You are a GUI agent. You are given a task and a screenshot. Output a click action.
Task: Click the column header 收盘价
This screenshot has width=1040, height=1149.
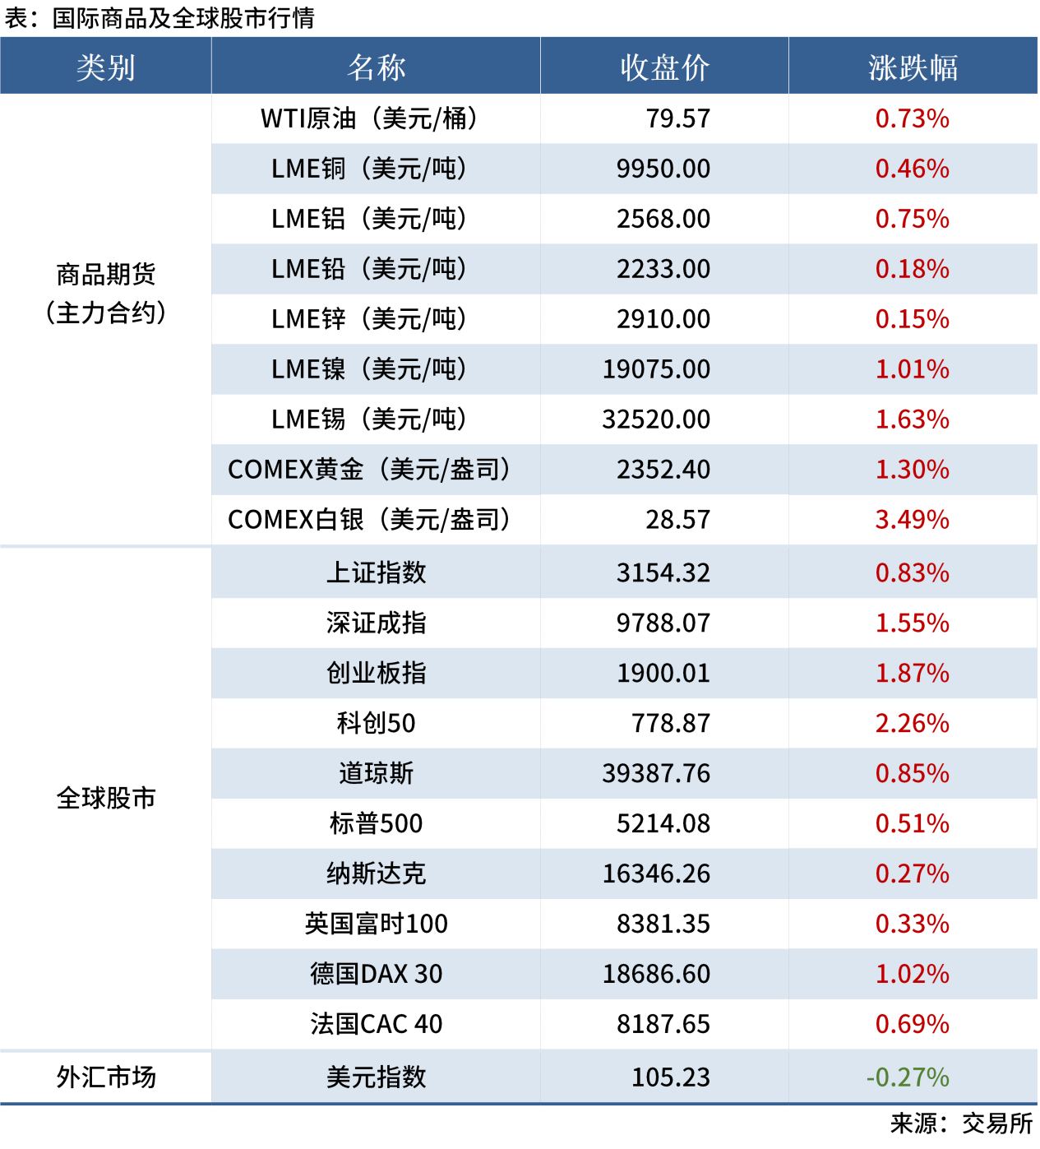point(664,67)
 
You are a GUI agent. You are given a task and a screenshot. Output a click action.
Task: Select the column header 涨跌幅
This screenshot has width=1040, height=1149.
point(913,67)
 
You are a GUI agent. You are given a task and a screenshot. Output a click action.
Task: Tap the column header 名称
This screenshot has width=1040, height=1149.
point(376,67)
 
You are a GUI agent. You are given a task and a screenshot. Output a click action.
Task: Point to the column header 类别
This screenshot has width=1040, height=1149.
point(105,67)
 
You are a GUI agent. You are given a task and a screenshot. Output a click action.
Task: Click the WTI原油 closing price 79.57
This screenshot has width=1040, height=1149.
point(677,118)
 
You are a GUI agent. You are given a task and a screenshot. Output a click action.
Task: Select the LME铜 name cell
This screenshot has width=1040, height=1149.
point(369,169)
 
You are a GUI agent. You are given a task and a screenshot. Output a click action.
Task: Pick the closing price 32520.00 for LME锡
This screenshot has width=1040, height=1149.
point(656,419)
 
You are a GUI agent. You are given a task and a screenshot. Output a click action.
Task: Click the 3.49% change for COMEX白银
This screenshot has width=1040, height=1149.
point(912,520)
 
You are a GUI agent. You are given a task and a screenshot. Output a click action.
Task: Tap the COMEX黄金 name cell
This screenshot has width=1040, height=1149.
point(369,470)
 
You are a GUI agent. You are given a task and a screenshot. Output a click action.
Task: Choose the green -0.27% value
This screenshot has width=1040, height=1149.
point(908,1077)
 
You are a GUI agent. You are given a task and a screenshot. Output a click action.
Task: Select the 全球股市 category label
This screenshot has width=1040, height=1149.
point(105,798)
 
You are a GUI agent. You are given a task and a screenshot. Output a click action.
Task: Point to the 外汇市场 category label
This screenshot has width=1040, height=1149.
point(105,1077)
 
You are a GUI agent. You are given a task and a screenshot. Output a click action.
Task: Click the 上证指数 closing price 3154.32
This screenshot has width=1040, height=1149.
point(663,572)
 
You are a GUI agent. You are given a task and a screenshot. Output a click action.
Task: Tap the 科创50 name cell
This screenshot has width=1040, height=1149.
point(376,723)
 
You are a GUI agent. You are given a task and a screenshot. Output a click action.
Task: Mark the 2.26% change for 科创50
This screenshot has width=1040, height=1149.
point(912,723)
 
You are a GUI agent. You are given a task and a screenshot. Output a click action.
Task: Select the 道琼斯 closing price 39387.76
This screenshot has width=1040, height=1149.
point(656,773)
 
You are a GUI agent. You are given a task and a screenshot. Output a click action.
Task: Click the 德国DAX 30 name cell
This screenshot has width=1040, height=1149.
point(376,974)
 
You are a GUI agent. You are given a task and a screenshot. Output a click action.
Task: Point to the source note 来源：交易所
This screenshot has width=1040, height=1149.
point(961,1124)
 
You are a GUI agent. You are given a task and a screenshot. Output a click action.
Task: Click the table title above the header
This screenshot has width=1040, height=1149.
point(159,18)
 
